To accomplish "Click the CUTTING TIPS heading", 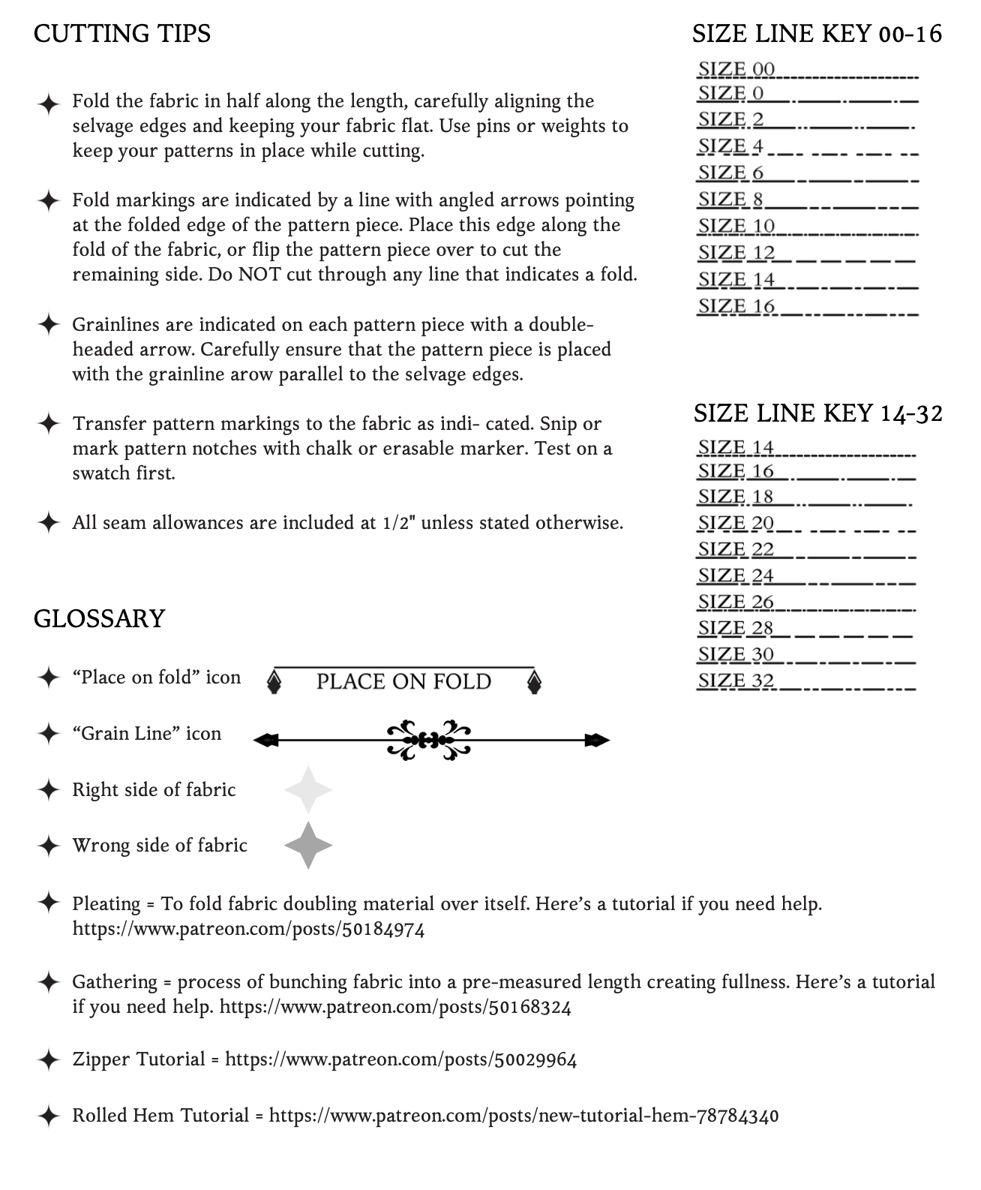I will click(x=122, y=34).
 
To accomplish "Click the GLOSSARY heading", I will click(x=99, y=619).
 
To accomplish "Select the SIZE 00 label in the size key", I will click(x=736, y=70).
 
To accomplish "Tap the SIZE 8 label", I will click(x=730, y=200).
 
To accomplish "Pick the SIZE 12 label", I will click(x=736, y=253).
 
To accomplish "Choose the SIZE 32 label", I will click(x=736, y=681).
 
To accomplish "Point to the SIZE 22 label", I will click(x=736, y=549).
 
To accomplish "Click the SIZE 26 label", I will click(x=736, y=602).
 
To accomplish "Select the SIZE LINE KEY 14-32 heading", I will click(x=817, y=413).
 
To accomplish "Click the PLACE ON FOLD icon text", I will click(x=403, y=682).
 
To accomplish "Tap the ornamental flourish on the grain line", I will click(x=428, y=741).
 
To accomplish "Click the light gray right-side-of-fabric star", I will click(x=308, y=790).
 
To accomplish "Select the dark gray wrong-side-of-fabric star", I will click(x=308, y=846).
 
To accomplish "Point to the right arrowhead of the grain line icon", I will click(x=598, y=741).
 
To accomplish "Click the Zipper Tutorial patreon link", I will click(x=400, y=1059).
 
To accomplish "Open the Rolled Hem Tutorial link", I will click(x=523, y=1116).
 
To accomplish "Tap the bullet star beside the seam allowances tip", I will click(x=48, y=522).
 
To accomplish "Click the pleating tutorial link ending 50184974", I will click(x=248, y=930).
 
